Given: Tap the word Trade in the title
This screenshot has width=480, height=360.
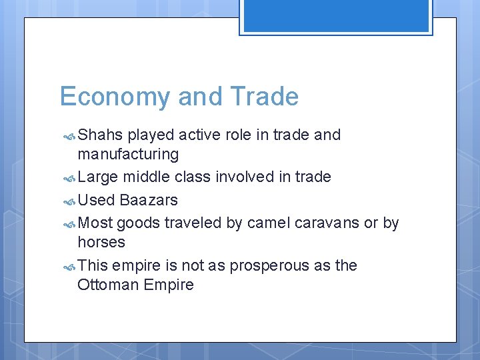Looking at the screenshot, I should (264, 97).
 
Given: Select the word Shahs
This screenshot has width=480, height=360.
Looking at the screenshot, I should (100, 135).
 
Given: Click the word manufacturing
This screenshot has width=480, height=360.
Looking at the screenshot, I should (128, 155).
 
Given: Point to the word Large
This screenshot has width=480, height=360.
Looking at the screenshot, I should (97, 177).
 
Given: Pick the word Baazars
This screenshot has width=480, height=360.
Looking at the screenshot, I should (149, 200).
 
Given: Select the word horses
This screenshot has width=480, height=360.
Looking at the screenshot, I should (101, 242).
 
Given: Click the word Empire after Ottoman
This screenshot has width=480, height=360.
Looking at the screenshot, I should (171, 285).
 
